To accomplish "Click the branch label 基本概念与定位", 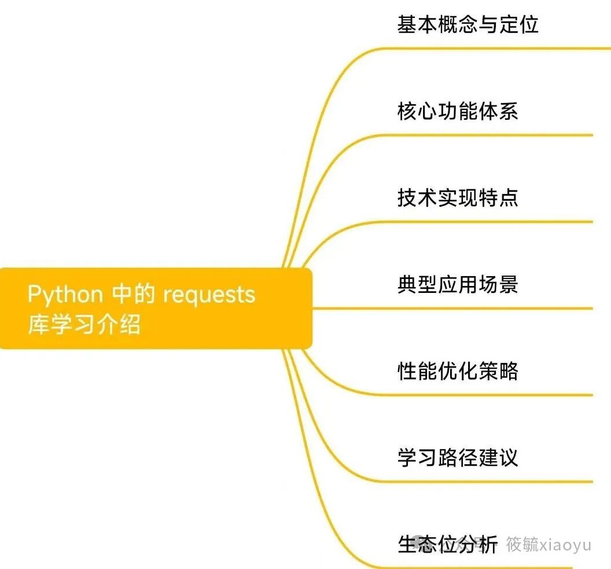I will coord(468,24).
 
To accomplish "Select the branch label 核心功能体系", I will coord(457,111).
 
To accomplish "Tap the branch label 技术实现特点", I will coord(457,198).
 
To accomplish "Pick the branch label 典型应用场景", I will coord(457,285).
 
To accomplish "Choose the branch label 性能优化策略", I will coord(457,371).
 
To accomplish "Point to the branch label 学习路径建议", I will coord(457,458).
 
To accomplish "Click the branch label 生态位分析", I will coord(447,545).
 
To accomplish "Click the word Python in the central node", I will coord(65,295).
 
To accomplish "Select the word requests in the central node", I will coord(209,295).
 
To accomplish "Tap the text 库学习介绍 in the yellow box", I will coord(84,324).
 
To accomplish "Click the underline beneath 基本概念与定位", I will coord(492,49).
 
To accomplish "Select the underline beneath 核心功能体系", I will coord(492,135).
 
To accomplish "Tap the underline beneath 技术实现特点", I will coord(492,222).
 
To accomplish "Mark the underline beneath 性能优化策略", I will coord(492,395).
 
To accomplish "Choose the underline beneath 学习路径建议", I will coord(492,482).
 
